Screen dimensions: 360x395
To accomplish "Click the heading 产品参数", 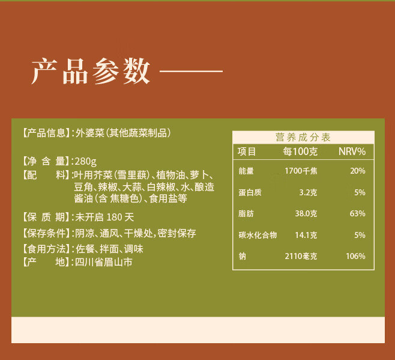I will coord(91,72).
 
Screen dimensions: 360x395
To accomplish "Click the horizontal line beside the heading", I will coord(192,73).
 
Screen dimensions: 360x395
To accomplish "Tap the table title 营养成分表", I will coord(303,137).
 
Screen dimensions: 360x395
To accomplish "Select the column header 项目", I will coord(247,151).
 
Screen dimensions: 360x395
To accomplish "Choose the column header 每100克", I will coord(300,151).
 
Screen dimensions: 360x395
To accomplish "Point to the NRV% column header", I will coord(352,151).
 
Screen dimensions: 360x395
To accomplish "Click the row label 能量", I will coord(246,171).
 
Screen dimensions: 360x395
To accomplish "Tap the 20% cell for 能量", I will coord(358,171).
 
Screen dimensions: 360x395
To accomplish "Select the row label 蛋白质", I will coord(250,193).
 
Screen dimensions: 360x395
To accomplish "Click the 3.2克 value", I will coord(308,193).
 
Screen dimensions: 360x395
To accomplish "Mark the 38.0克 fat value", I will coord(306,213).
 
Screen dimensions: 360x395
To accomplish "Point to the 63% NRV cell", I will coord(358,213).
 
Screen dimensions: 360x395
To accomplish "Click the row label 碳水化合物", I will coord(258,235).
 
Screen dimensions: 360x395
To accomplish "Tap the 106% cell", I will coord(355,257).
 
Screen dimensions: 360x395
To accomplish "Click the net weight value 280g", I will coord(85,161).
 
